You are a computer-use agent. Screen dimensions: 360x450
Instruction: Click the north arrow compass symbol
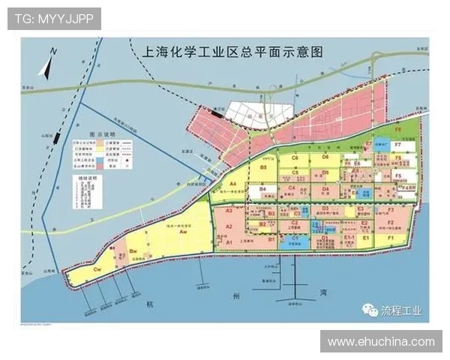[47, 64]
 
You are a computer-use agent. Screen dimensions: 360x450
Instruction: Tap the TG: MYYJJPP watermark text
[54, 18]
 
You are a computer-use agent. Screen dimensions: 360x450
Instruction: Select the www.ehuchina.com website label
[381, 341]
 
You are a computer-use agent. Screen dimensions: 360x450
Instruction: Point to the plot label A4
[233, 184]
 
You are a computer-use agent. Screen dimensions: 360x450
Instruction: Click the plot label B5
[263, 169]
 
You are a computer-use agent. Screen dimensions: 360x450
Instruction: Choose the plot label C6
[295, 158]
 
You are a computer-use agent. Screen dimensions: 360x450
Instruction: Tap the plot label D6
[325, 157]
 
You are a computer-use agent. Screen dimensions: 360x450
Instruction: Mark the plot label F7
[397, 145]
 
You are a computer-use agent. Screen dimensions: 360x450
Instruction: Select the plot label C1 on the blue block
[295, 238]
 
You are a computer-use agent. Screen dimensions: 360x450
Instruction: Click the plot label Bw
[133, 250]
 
